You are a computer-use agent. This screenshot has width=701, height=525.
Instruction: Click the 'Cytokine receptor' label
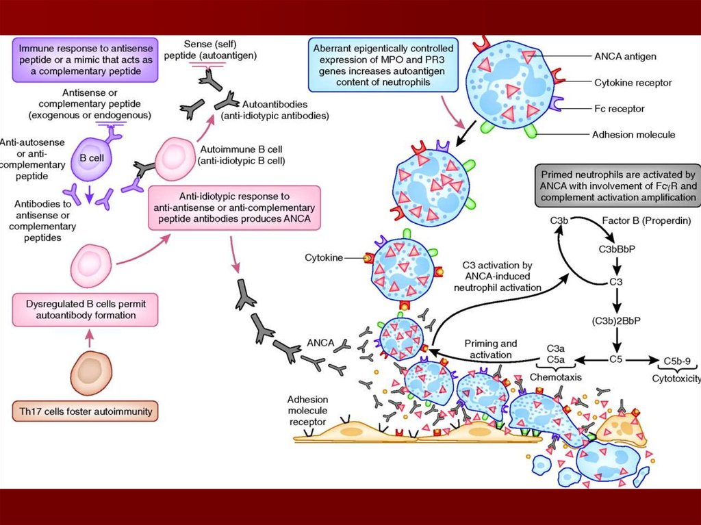[x=632, y=83]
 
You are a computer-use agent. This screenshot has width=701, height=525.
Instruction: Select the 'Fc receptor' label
[x=618, y=108]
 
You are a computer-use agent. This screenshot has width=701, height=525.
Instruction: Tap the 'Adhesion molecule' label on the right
[x=633, y=134]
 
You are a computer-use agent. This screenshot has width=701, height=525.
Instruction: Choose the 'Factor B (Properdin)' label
[x=646, y=222]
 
